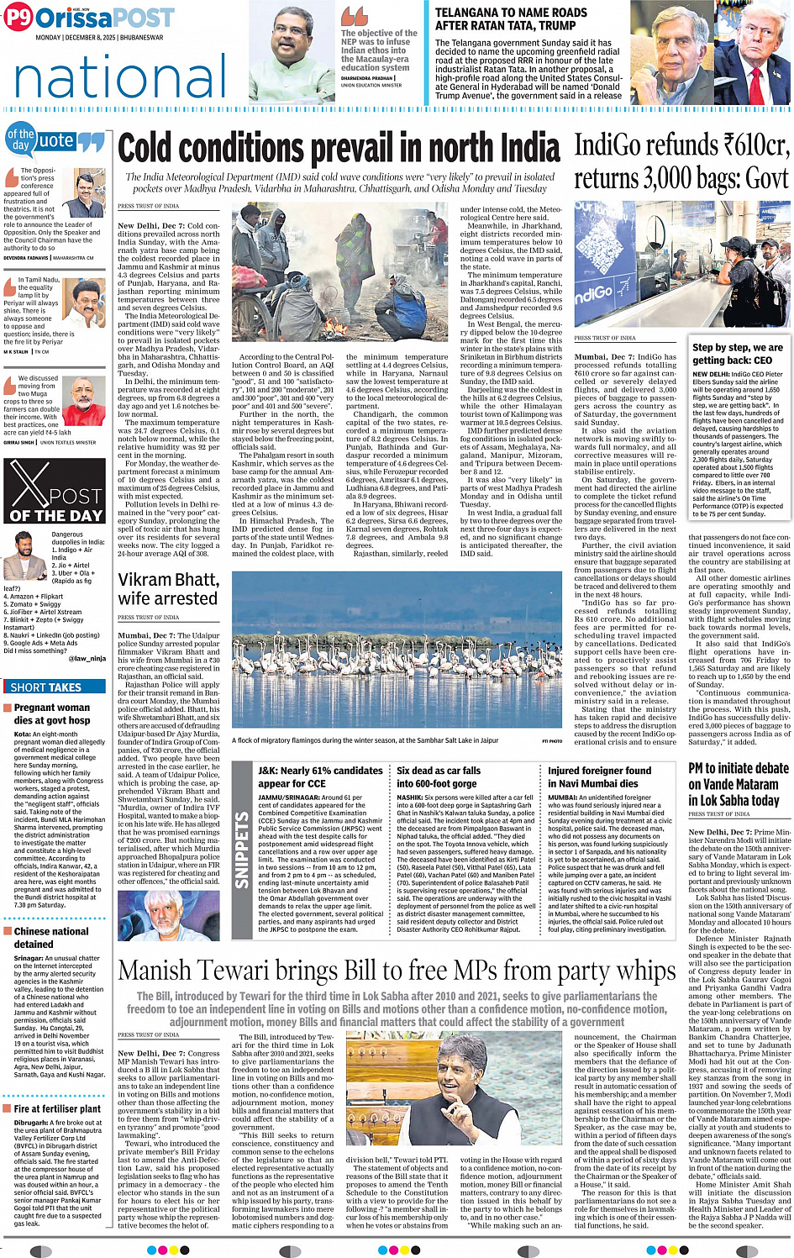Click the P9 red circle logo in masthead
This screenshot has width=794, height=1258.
[18, 17]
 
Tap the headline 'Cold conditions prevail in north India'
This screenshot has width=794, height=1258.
[339, 149]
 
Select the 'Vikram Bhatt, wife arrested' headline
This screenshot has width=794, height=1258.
[169, 589]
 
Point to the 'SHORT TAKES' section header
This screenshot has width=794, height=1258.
[46, 687]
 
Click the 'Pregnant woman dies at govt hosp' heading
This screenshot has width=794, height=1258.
[52, 713]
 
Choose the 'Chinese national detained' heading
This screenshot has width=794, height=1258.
[51, 937]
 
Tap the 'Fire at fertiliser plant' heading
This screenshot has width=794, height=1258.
[57, 1108]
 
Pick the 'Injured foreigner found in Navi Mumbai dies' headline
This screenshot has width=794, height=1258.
[599, 776]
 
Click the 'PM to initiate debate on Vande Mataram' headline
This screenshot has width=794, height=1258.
[739, 784]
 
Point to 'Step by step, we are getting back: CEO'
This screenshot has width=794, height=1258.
[737, 353]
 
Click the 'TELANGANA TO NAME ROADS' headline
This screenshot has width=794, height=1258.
[511, 19]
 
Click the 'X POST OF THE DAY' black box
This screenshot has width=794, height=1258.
[55, 492]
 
